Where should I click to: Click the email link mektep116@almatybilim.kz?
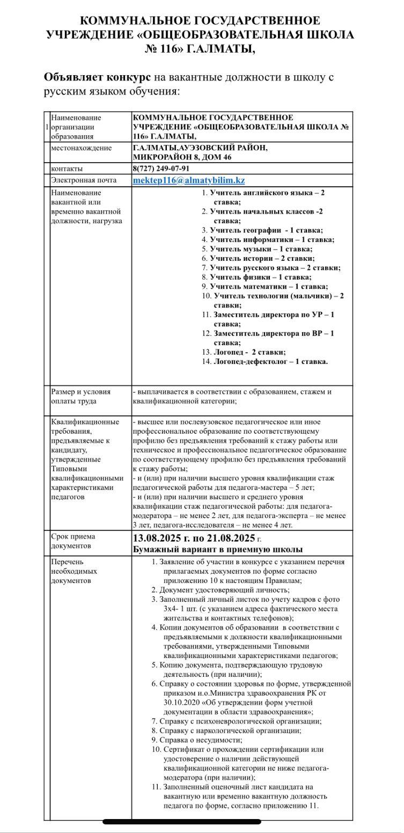pos(188,181)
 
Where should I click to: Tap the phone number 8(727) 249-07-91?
pos(160,169)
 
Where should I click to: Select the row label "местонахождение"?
pos(81,148)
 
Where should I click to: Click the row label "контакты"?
pos(67,169)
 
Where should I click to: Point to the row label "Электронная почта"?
pos(83,181)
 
